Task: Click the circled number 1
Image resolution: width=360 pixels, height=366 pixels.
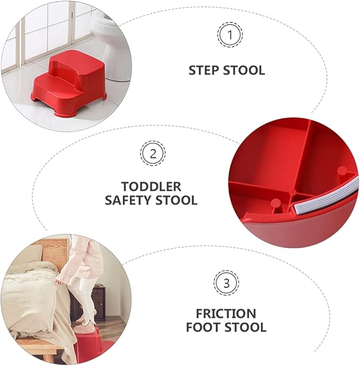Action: (230, 36)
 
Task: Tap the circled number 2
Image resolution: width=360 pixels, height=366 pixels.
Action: (153, 154)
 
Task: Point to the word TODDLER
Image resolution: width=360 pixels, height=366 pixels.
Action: (151, 187)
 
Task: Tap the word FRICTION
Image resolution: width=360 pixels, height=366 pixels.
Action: (226, 313)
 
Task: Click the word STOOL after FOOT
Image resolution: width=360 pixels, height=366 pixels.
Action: (246, 327)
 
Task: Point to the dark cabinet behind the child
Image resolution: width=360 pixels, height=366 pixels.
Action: (99, 302)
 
